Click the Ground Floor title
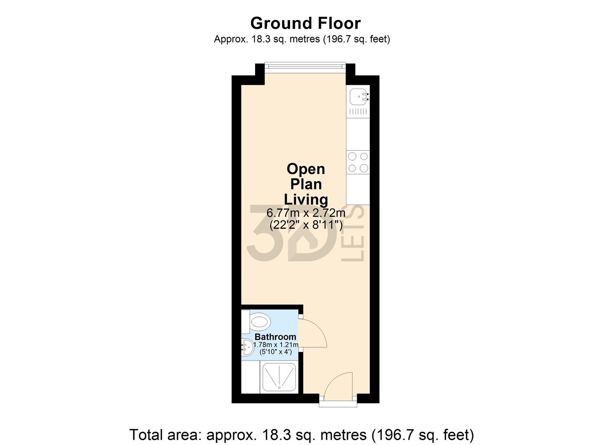coord(305,23)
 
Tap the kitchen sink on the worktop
coord(356,97)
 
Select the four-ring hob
coord(358,162)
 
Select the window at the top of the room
coord(305,65)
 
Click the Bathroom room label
coord(275,337)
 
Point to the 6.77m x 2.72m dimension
coord(306,213)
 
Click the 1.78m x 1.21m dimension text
coord(276,345)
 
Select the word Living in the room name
coord(306,199)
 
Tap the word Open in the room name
coord(306,169)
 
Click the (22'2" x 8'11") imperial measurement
coord(306,225)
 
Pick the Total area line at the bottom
coord(302,434)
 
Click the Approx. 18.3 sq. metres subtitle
coord(302,39)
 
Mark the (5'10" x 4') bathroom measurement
coord(276,352)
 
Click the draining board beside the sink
coord(358,111)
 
